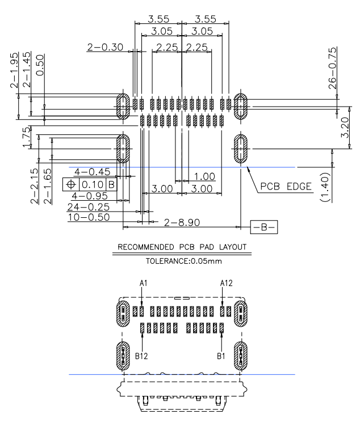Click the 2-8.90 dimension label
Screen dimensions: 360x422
click(182, 222)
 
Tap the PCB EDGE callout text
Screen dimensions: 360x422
click(286, 186)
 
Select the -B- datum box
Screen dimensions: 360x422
click(264, 227)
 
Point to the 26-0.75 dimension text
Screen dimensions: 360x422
click(333, 68)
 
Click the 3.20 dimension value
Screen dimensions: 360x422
click(345, 128)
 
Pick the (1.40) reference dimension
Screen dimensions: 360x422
click(325, 187)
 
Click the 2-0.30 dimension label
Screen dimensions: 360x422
click(105, 47)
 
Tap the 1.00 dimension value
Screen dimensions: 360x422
click(204, 176)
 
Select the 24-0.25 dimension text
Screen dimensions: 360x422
click(89, 207)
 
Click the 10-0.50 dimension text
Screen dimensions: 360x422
click(89, 217)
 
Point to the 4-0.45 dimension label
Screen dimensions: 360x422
click(93, 172)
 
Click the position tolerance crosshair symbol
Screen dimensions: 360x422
click(71, 185)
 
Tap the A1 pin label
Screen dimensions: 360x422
click(143, 283)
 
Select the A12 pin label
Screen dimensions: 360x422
click(226, 283)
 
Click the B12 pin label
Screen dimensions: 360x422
click(141, 356)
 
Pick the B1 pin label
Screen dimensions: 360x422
click(221, 356)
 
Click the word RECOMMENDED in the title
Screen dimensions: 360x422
click(146, 247)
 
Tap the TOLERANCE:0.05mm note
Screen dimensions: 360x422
click(184, 261)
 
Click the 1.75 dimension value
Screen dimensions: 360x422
click(27, 137)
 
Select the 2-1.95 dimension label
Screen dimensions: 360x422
click(14, 70)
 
